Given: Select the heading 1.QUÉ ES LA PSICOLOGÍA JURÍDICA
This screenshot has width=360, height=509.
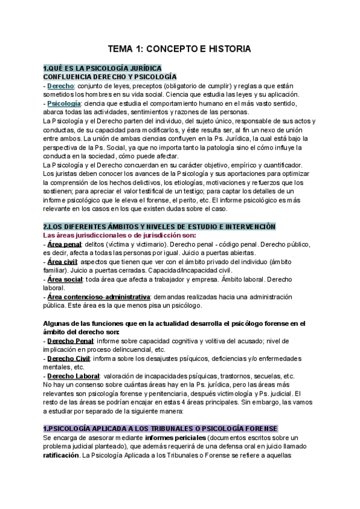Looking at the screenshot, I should pos(102,68).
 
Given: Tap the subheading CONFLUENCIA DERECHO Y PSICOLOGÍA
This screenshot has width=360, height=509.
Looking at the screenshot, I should pos(110,77).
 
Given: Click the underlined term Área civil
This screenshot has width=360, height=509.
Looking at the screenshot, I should pos(64,262).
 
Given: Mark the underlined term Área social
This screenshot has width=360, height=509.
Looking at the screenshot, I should pos(66,279).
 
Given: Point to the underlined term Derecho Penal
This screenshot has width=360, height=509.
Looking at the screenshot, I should pos(71,340).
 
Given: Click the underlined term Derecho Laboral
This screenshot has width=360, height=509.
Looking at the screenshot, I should pos(73,376).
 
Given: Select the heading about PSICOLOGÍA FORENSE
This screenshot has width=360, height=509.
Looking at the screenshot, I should pos(161,428).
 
